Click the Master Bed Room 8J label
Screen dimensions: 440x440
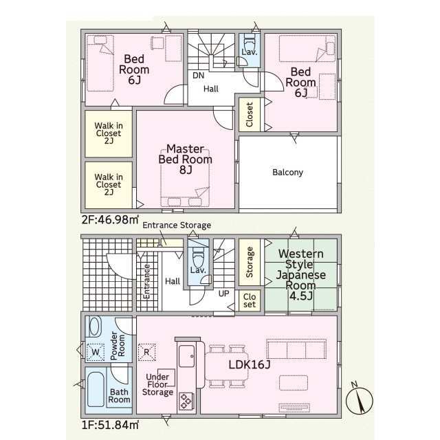tap(185, 159)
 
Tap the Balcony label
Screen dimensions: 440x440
tap(287, 172)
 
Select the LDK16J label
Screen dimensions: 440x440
tap(250, 364)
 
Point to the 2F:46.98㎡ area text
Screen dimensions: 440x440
tap(110, 219)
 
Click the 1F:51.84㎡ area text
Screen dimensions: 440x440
tap(110, 425)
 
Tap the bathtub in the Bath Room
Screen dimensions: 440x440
tap(96, 390)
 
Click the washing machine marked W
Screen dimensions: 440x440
tap(96, 352)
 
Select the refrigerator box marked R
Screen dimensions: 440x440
tap(146, 352)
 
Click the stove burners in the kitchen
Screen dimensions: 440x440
tap(186, 401)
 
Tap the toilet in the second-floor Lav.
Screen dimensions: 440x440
tap(249, 42)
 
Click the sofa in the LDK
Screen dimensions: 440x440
tap(296, 349)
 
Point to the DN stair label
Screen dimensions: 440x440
tap(199, 76)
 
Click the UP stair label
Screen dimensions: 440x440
tap(223, 294)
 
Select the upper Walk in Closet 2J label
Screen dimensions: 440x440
tap(109, 133)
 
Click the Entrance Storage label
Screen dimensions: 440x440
tap(177, 225)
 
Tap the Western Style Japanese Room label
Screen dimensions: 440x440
tap(301, 274)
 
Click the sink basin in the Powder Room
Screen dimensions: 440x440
tap(96, 327)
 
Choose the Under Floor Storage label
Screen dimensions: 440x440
tap(157, 384)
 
